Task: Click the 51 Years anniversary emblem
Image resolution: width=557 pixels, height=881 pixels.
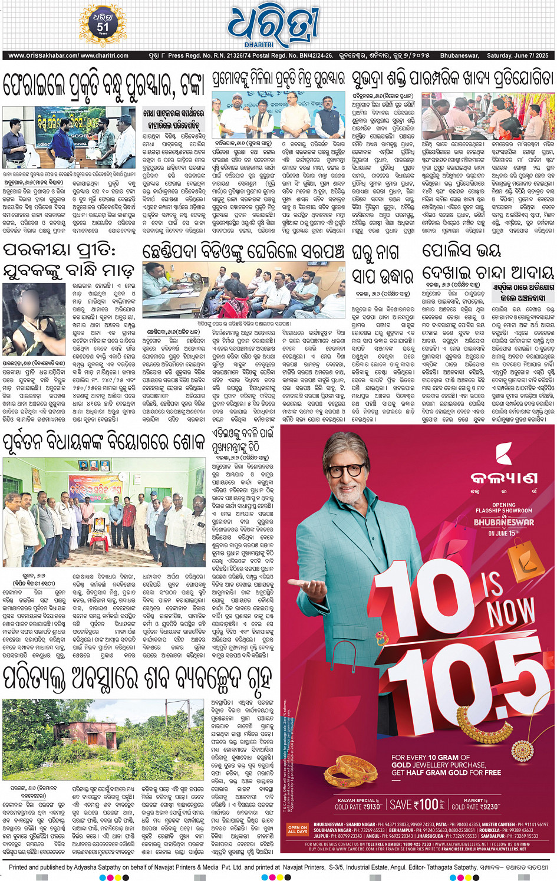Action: (x=103, y=25)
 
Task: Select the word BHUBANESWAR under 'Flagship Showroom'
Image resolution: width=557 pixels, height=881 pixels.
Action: (x=504, y=522)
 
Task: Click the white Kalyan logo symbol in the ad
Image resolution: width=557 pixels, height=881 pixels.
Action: (x=503, y=454)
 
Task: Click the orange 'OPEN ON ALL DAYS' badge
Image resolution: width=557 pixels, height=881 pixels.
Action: (x=298, y=829)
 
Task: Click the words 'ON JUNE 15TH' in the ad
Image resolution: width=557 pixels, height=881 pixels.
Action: (x=504, y=533)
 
